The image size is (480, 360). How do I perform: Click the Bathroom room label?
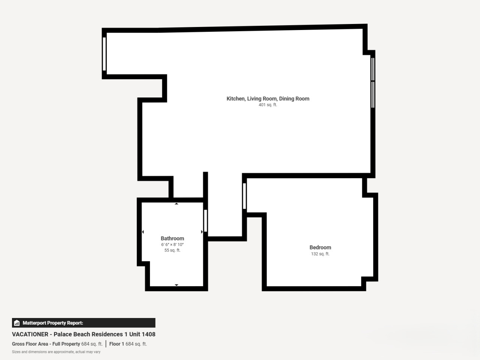point(172,238)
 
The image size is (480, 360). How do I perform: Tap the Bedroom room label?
point(320,247)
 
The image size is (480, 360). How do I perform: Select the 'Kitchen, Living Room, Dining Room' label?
point(268,99)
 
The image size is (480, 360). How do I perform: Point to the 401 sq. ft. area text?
point(268,105)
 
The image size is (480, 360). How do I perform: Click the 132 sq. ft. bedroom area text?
point(320,254)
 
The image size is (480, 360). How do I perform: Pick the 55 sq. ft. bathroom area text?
point(172,250)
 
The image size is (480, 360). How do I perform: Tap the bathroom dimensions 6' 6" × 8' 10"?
point(172,244)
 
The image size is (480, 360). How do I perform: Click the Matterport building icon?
point(17,323)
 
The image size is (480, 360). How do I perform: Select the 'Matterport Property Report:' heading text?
point(53,323)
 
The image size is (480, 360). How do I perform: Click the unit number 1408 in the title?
point(148,334)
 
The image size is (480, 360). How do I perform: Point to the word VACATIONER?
point(30,334)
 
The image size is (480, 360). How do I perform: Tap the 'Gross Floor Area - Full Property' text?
point(46,344)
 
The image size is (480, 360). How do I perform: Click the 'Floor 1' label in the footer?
point(117,344)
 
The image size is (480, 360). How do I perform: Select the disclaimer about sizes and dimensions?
point(56,352)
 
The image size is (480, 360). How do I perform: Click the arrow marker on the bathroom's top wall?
point(177,204)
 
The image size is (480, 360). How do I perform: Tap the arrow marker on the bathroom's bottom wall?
point(177,285)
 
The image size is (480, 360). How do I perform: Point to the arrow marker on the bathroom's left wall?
point(143,232)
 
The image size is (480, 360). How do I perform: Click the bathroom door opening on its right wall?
point(205,221)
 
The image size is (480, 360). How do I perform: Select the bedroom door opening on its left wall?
point(244,196)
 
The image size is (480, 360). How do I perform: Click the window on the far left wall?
point(104,54)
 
